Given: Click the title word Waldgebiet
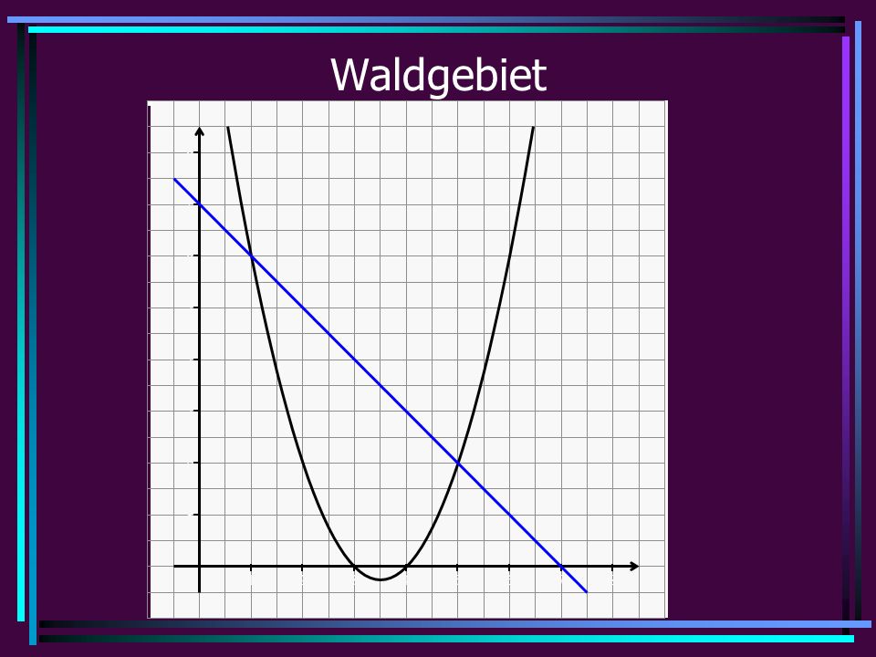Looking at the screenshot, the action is coord(439,76).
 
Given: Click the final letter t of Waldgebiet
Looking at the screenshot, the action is coord(539,76).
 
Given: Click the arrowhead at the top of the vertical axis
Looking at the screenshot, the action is coord(200,131).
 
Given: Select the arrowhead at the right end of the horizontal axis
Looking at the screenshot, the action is coord(634,566).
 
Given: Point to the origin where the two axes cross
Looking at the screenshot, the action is coord(200,566).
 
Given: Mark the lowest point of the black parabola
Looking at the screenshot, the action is coord(380,580).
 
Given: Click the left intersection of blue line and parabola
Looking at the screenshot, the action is coord(252,255).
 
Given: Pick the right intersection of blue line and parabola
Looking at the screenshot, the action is coord(458,463).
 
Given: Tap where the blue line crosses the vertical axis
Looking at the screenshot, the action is coord(200,203).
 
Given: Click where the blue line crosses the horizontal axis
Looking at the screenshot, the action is coord(561,566).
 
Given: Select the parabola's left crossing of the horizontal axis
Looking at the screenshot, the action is coord(354,566).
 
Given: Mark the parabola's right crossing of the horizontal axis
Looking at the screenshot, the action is coord(406,566).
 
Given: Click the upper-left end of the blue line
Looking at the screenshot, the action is coord(174,179).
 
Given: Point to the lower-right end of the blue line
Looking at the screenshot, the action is coord(587,591).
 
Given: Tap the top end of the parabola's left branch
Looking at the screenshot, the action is coord(228,128).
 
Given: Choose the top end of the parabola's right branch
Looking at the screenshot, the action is coord(534,128).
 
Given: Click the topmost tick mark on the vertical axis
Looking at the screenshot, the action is coord(197,152).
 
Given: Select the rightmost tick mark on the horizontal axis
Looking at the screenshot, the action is coord(613,568).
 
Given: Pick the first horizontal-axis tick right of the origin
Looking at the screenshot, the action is coord(251,568).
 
